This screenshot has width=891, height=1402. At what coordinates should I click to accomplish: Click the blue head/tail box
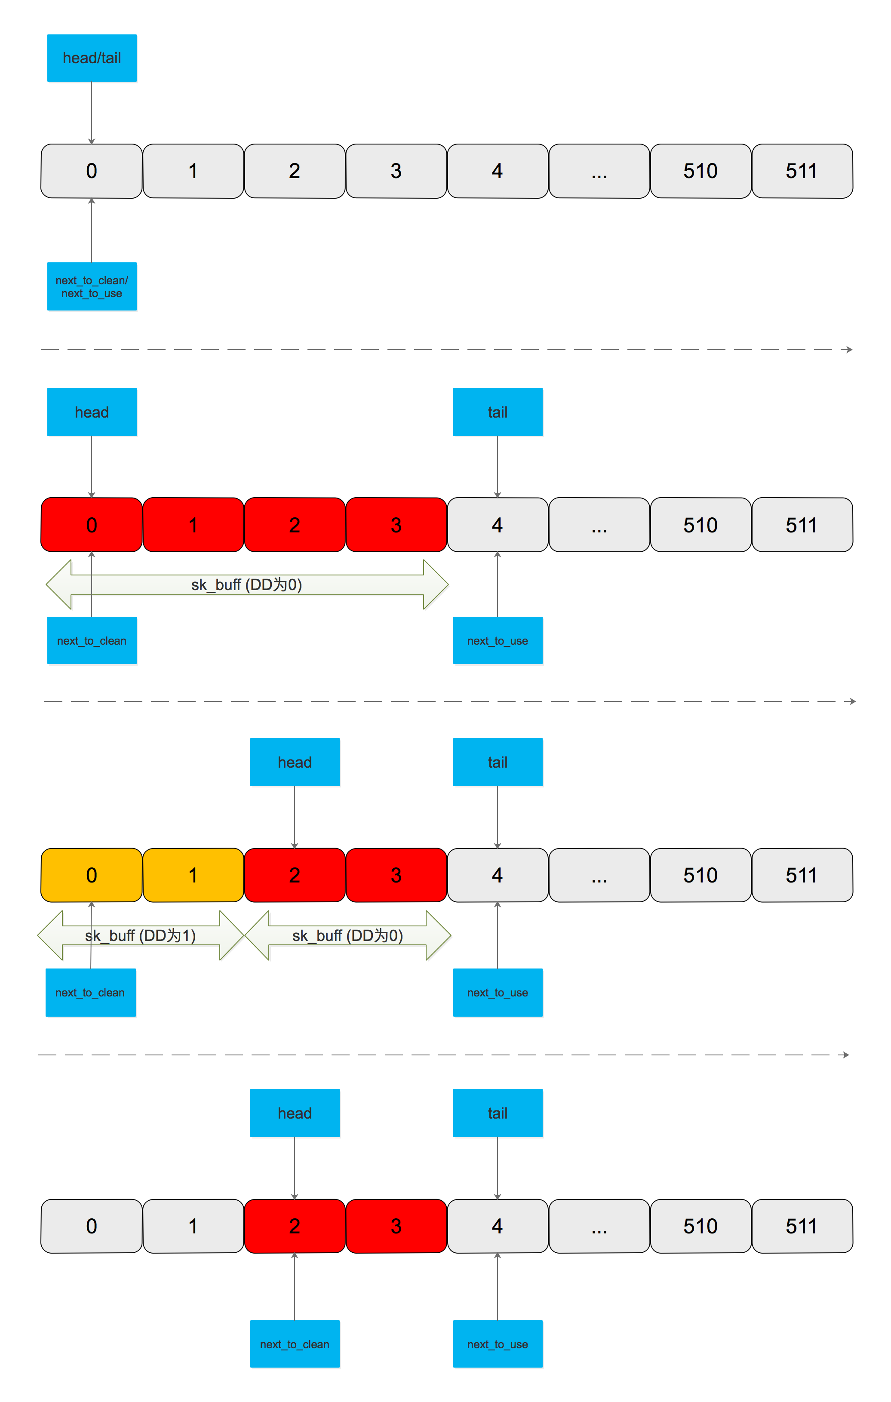(92, 58)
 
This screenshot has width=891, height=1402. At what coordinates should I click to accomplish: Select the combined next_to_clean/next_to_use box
(92, 286)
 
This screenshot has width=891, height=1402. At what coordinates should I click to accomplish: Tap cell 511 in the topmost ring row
(802, 171)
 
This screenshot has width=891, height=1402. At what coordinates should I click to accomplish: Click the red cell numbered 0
(92, 525)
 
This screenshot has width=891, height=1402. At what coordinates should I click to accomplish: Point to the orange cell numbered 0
(92, 875)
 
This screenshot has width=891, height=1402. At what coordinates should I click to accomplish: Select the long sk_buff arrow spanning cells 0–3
(247, 584)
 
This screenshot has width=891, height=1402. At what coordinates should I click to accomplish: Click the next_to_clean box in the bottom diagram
(295, 1344)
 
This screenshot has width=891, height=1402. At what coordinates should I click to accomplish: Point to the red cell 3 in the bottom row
(396, 1226)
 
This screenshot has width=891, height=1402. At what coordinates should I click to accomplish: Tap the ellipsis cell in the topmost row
(599, 171)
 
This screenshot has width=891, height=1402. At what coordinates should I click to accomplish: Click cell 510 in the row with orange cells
(701, 875)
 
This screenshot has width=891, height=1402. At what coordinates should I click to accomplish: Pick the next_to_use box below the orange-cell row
(498, 992)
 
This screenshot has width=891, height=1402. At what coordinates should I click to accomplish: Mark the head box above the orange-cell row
(295, 762)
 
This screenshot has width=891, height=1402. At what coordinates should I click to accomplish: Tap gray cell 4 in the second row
(498, 525)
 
